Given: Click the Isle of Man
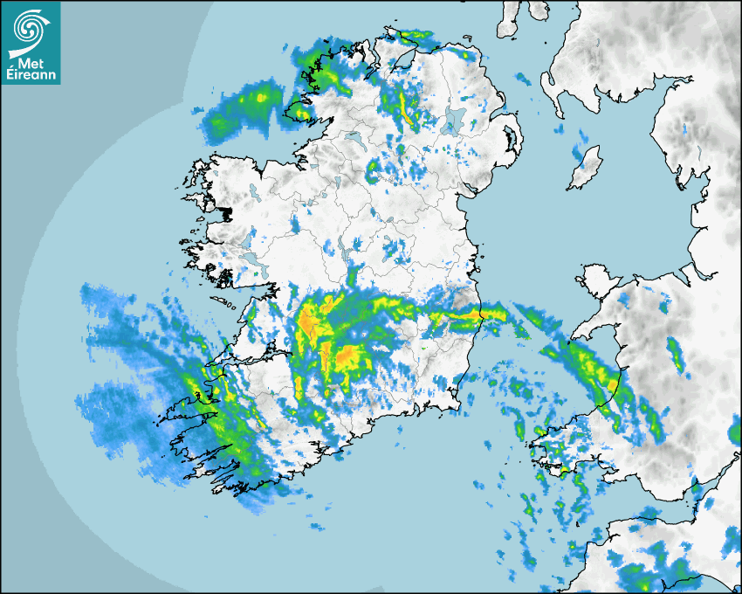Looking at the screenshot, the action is (585, 168).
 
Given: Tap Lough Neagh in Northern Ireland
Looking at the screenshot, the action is (453, 121).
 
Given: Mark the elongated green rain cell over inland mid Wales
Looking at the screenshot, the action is (675, 353).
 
